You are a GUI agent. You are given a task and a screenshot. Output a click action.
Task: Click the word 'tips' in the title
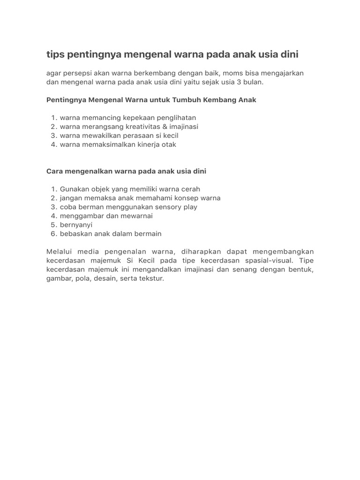point(56,55)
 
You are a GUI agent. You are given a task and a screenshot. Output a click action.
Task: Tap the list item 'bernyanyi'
point(76,225)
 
